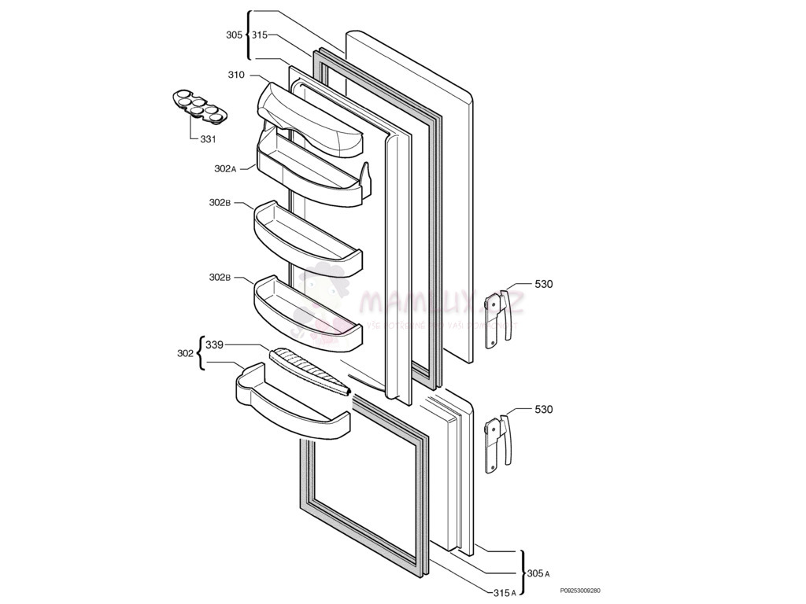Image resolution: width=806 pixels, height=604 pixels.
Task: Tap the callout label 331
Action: click(208, 139)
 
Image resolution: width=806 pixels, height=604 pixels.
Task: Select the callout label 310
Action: click(236, 75)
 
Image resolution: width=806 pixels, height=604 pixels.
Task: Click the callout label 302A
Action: click(225, 168)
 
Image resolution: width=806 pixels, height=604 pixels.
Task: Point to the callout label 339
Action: click(214, 344)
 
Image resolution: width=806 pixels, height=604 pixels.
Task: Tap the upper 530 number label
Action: click(543, 284)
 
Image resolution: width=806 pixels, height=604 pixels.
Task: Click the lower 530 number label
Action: click(543, 410)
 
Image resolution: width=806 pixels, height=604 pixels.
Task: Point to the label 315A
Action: click(503, 592)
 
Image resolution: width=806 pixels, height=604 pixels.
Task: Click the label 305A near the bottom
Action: click(538, 574)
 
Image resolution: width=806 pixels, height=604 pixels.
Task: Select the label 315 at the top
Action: click(260, 35)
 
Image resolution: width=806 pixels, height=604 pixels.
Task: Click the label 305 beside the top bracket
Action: click(234, 35)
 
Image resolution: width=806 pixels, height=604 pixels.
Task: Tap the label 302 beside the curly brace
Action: click(185, 354)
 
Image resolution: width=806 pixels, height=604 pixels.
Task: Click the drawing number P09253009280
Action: click(580, 591)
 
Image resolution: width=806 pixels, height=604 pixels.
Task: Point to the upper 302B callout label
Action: click(220, 203)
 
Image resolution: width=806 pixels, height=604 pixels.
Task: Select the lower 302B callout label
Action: click(220, 278)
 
